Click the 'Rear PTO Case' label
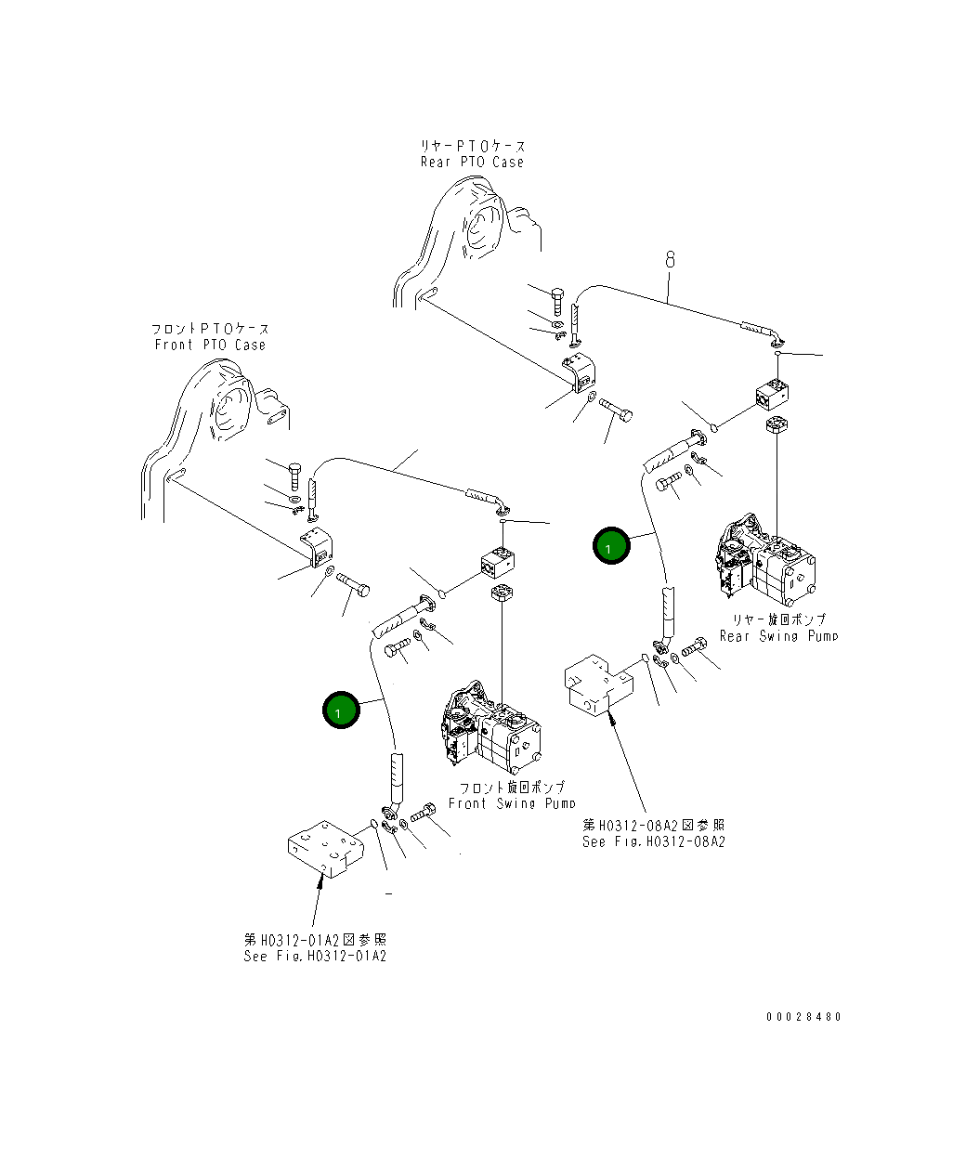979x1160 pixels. pos(472,162)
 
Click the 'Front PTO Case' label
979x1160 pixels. pos(210,345)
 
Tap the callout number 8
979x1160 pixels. pos(669,261)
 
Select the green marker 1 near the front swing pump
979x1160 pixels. pos(341,710)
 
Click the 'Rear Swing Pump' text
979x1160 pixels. pos(778,636)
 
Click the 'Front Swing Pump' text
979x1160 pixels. pos(511,803)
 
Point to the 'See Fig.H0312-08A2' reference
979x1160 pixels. pos(653,841)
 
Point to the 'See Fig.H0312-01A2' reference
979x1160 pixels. pos(315,956)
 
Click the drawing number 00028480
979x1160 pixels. pos(803,1017)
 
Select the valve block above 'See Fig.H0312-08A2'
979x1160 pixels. pos(597,685)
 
